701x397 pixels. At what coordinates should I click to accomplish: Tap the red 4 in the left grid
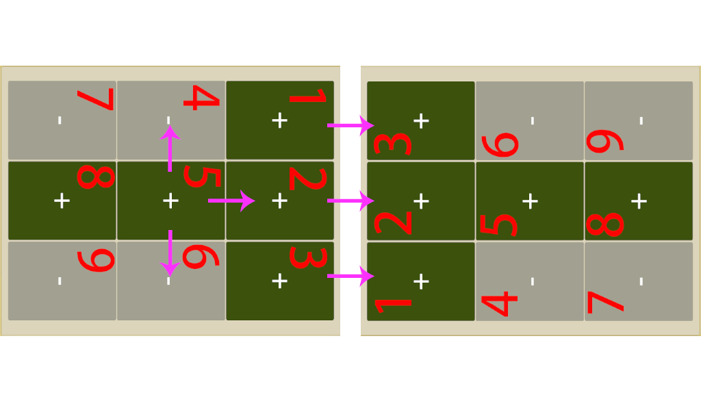(202, 97)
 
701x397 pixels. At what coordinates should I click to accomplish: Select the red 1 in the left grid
(309, 96)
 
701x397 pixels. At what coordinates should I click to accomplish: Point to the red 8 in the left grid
(96, 176)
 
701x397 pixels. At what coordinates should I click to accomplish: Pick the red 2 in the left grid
(308, 179)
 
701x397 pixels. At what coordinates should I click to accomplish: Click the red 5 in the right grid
(498, 225)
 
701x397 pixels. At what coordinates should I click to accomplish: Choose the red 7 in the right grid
(606, 303)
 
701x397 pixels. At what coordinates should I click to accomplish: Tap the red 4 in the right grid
(499, 303)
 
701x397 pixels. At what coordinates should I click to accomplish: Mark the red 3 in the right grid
(392, 144)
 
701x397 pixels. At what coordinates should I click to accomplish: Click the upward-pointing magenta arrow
(170, 149)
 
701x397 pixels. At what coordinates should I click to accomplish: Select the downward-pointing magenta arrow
(170, 253)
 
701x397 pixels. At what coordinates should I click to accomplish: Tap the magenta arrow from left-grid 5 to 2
(231, 201)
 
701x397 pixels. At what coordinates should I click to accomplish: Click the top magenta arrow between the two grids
(351, 125)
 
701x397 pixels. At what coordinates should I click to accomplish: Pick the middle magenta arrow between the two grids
(351, 201)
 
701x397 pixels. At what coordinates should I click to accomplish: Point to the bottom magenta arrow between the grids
(351, 276)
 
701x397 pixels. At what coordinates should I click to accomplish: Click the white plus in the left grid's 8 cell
(62, 201)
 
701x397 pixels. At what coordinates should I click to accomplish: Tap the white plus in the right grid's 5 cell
(530, 201)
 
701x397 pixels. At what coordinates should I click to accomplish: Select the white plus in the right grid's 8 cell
(639, 201)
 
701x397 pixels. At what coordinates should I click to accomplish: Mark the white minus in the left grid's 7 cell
(60, 120)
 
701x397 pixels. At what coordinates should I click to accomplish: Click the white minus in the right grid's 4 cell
(533, 281)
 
